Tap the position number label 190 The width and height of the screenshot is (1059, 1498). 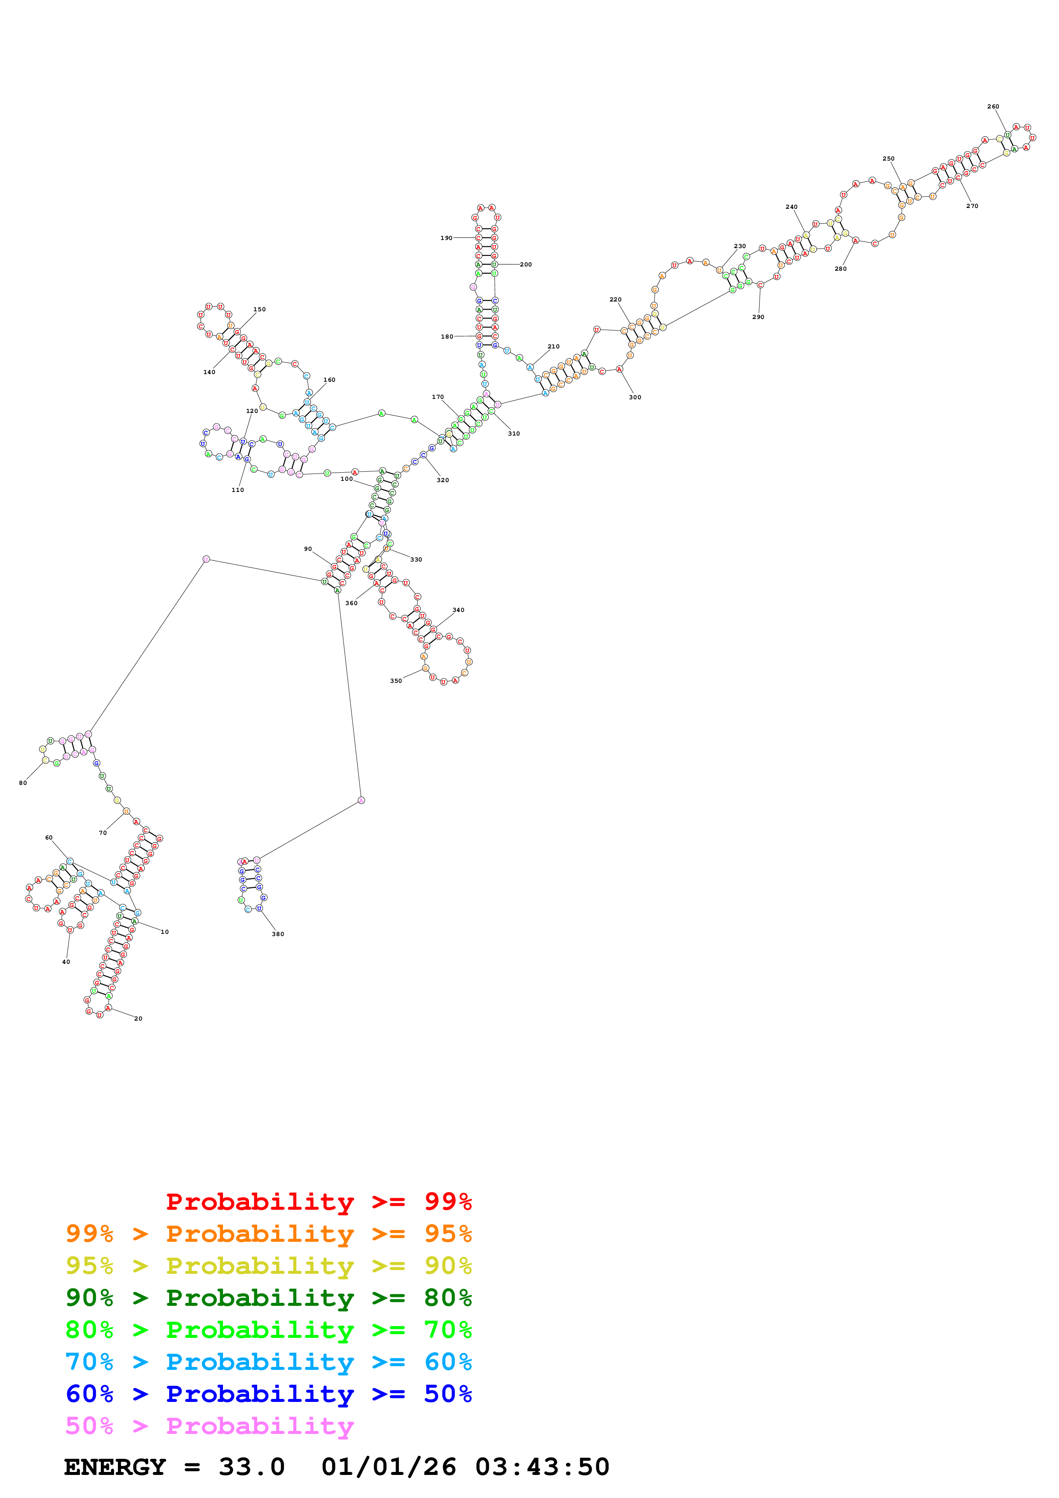[446, 238]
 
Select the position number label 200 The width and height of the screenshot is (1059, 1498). [526, 265]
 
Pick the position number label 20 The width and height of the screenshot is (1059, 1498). [138, 1018]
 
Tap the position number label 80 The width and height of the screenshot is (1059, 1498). [23, 783]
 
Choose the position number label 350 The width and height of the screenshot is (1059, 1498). [396, 681]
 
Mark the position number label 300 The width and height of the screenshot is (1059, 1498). [635, 397]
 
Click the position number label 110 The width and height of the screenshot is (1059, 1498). [238, 490]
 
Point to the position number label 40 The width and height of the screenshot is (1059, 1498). [66, 962]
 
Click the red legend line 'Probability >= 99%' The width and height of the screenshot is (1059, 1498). [318, 1202]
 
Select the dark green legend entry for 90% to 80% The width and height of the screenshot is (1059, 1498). [268, 1298]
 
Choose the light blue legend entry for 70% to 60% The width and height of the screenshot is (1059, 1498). [268, 1362]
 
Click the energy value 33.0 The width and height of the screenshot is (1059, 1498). [252, 1467]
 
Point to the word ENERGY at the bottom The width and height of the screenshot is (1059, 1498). [115, 1467]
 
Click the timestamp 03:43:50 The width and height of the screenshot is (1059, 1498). [542, 1467]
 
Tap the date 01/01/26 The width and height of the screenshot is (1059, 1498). [389, 1467]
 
